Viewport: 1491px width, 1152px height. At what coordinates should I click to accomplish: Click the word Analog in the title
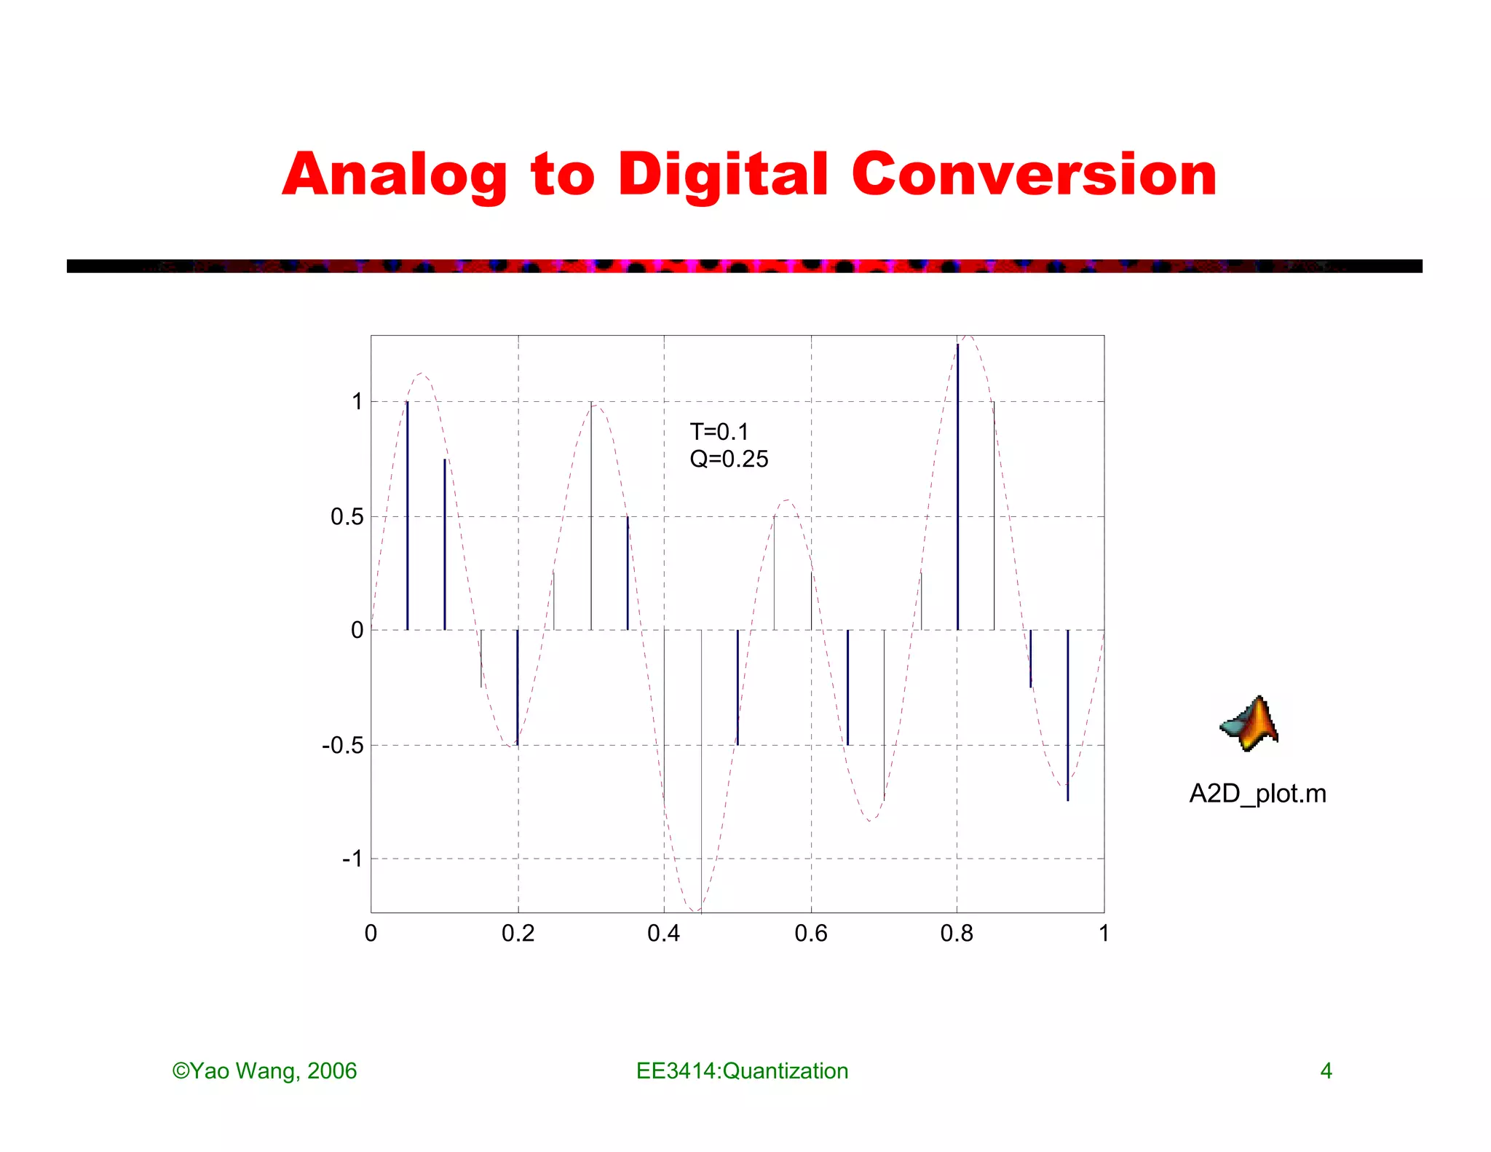coord(393,175)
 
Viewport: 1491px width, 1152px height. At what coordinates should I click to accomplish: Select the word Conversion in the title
coord(1034,175)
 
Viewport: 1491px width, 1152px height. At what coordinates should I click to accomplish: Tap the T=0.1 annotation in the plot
coord(719,432)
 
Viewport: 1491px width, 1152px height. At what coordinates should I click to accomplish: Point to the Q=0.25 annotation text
coord(729,459)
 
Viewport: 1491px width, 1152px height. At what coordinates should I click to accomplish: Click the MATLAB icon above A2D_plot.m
coord(1250,724)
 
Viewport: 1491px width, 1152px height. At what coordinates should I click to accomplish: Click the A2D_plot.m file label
coord(1257,793)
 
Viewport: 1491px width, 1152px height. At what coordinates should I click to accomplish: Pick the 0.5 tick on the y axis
coord(347,517)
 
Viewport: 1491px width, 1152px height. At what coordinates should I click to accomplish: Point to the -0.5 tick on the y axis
coord(342,746)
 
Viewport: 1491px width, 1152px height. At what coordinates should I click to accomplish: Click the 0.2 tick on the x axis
coord(518,934)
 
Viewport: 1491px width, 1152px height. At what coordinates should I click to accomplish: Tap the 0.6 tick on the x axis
coord(810,934)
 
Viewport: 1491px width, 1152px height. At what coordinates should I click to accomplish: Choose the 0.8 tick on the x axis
coord(957,934)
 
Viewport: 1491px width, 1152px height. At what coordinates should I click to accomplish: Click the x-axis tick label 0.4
coord(663,934)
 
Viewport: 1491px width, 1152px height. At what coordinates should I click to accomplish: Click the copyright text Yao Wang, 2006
coord(265,1071)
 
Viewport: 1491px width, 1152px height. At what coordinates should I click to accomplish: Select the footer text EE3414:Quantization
coord(742,1071)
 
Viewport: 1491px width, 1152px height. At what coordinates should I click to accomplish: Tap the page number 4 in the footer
coord(1326,1071)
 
